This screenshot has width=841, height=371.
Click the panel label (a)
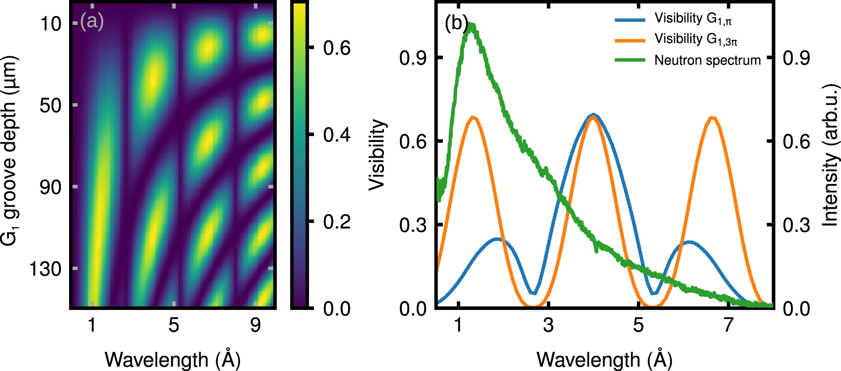tap(92, 21)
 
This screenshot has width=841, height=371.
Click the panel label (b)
tap(456, 23)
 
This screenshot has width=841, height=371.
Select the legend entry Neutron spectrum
tap(707, 60)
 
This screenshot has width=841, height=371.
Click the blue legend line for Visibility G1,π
tap(630, 20)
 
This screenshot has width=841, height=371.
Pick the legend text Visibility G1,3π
tap(696, 39)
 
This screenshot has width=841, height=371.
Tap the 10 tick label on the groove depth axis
tap(50, 23)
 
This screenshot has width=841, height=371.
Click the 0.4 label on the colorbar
tap(337, 135)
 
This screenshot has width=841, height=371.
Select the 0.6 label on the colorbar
tap(337, 48)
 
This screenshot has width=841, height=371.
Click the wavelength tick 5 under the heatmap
tap(174, 325)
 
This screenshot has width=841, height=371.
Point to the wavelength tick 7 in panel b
tap(729, 325)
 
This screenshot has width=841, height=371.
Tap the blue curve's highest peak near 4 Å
tap(594, 115)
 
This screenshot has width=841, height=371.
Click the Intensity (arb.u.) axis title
tap(831, 155)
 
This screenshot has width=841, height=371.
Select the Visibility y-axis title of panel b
tap(377, 155)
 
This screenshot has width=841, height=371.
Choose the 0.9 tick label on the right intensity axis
tap(796, 58)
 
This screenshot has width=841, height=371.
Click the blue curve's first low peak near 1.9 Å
tap(497, 239)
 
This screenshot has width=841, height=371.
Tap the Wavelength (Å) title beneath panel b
tap(605, 359)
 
